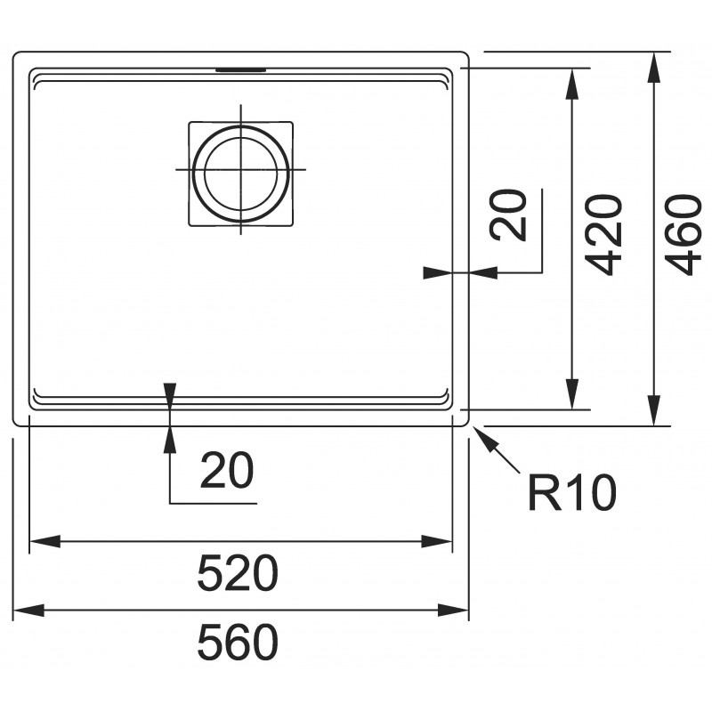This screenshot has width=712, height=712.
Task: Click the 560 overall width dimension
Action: (x=238, y=642)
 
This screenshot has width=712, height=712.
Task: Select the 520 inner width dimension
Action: (x=238, y=572)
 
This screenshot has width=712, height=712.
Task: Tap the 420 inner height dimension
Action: (x=603, y=235)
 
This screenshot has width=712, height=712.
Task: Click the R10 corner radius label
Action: (x=572, y=492)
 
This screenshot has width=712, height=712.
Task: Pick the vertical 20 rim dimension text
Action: (x=507, y=215)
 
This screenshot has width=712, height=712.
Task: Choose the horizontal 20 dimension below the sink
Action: (x=227, y=470)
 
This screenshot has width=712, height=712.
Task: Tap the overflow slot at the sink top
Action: (x=240, y=69)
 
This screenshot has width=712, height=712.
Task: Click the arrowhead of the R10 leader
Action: (x=480, y=433)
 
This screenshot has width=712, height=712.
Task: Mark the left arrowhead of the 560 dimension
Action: (x=28, y=611)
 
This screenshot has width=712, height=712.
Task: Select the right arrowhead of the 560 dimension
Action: (x=453, y=611)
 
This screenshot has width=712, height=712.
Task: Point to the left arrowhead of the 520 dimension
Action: (x=44, y=541)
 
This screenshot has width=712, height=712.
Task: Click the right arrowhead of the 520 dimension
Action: (x=436, y=541)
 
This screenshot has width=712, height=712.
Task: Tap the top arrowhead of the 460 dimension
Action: (x=653, y=68)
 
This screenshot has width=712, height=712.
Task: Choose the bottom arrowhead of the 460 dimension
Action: (x=653, y=410)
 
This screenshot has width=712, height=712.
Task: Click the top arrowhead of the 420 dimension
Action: (x=572, y=84)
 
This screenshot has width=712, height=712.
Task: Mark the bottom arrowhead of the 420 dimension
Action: (x=572, y=393)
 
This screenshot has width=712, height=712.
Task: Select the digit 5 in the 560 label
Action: (x=210, y=642)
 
